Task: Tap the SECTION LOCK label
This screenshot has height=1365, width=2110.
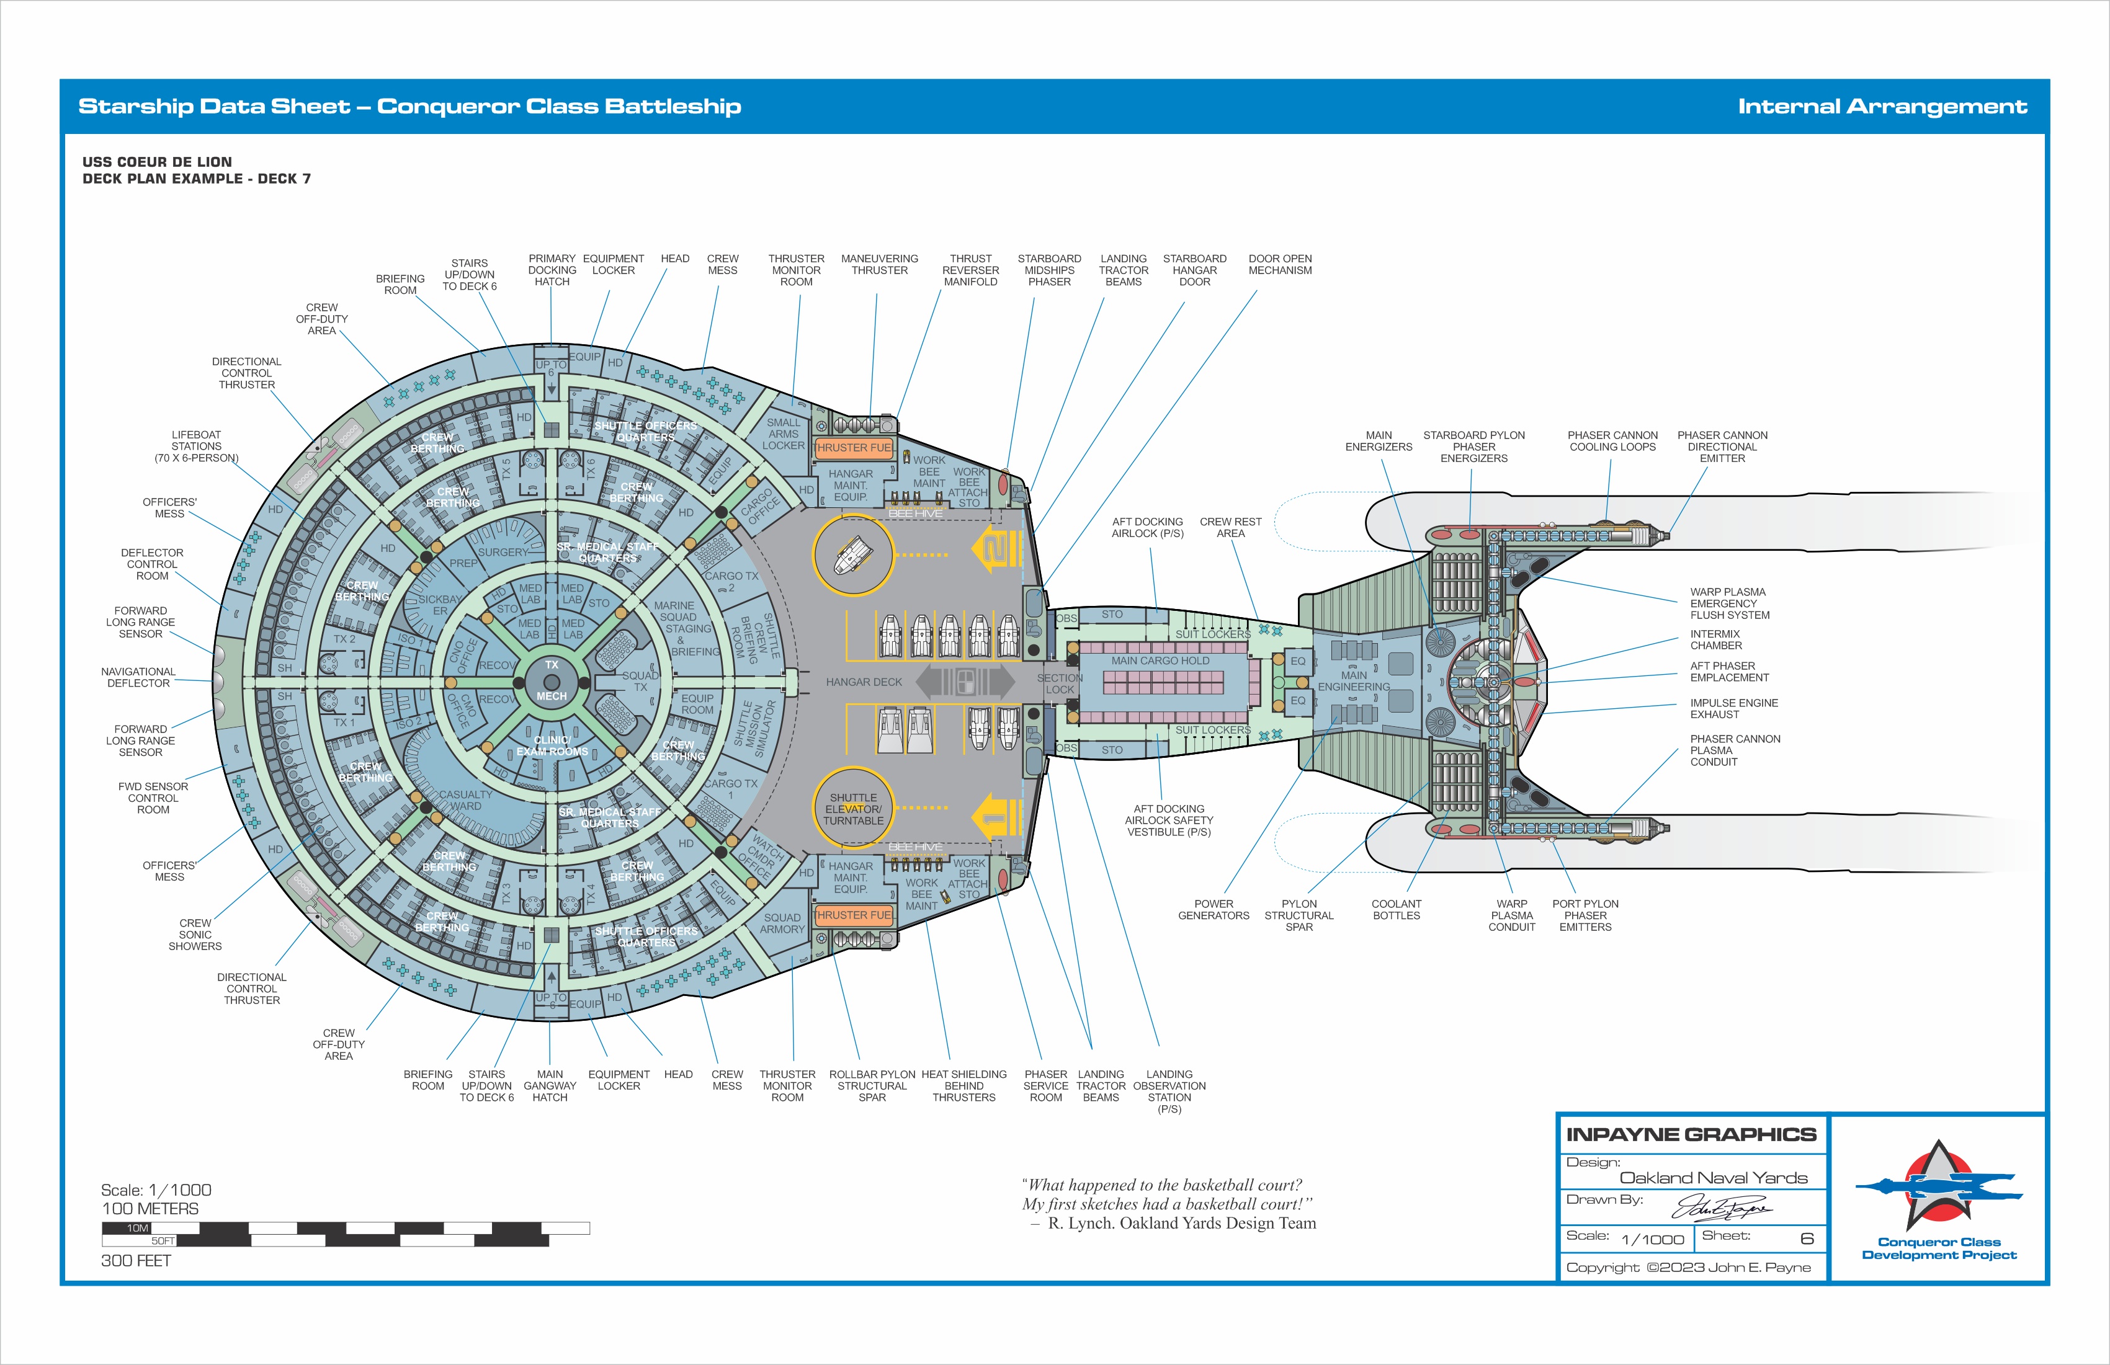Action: (x=1060, y=683)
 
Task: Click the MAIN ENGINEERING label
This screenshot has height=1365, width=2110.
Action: (x=1353, y=681)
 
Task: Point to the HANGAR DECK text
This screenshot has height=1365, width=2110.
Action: (x=864, y=682)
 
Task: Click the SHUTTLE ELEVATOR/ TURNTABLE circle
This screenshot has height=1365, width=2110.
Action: (x=853, y=808)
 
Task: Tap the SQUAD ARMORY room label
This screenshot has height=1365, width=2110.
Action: (x=782, y=923)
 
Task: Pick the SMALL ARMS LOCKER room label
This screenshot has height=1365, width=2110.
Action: (x=783, y=434)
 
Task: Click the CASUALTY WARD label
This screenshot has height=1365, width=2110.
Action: (x=465, y=801)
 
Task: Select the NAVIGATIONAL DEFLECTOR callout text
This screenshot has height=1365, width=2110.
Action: (x=138, y=677)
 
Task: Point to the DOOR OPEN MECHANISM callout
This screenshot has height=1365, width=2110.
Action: (x=1279, y=264)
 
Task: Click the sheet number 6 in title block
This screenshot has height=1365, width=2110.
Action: (x=1806, y=1238)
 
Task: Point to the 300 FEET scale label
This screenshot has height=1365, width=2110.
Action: (x=136, y=1260)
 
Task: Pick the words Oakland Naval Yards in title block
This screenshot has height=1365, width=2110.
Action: (x=1713, y=1177)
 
